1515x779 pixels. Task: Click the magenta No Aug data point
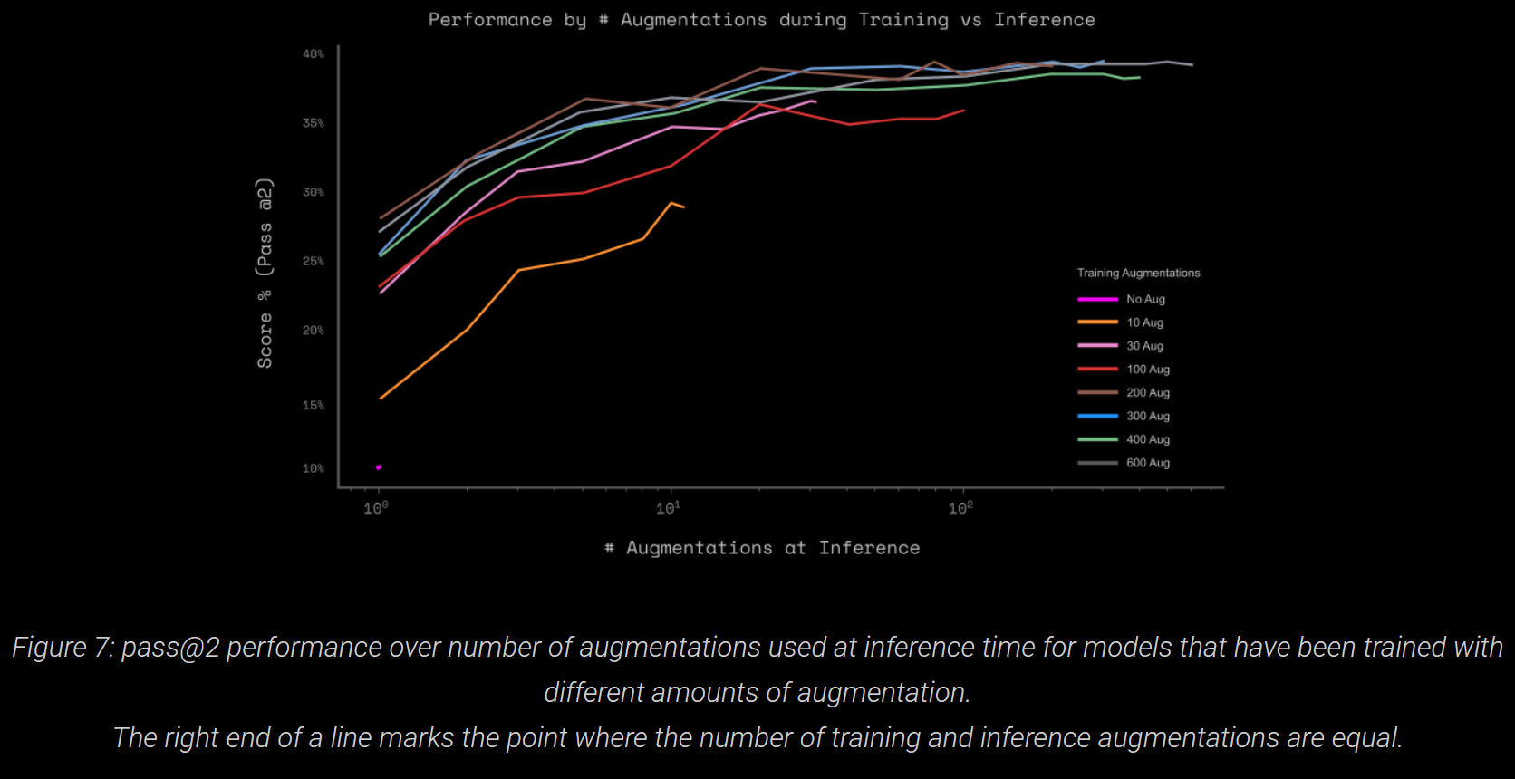[x=379, y=467]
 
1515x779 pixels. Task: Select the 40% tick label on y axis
[x=313, y=54]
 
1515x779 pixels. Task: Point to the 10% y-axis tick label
[x=313, y=468]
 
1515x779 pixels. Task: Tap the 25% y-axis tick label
[x=313, y=261]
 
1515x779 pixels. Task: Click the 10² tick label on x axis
[x=960, y=508]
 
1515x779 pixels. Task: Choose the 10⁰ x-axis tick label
[x=375, y=508]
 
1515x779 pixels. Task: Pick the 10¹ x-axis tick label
[x=668, y=508]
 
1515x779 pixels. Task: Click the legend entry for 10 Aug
[x=1144, y=322]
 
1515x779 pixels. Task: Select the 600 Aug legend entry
[x=1147, y=463]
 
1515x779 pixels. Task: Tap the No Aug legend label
[x=1145, y=299]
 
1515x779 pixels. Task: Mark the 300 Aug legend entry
[x=1147, y=416]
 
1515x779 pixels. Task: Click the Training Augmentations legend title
[x=1138, y=273]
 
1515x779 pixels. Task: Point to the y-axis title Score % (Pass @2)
[x=265, y=273]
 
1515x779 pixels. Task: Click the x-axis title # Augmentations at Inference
[x=762, y=548]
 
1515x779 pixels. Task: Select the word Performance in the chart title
[x=489, y=20]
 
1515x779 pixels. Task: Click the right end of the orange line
[x=683, y=207]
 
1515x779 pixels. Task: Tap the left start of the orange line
[x=381, y=398]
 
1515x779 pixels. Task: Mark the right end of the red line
[x=963, y=111]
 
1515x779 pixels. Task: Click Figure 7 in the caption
[x=62, y=648]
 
